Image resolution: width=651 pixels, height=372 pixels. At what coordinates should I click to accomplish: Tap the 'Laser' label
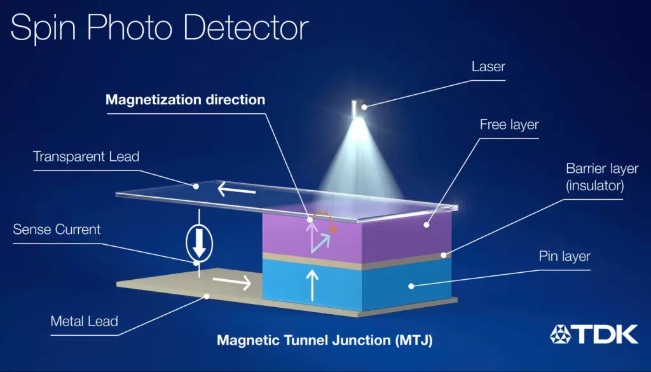(488, 66)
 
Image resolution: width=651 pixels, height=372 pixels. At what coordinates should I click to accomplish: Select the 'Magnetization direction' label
(185, 100)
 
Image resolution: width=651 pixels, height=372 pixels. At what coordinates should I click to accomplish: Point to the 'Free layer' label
(509, 125)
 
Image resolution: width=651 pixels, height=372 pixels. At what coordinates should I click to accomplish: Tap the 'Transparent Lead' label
(86, 156)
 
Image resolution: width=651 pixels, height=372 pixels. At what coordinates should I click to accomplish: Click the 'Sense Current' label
(57, 229)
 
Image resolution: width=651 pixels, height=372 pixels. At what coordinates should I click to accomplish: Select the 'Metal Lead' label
(85, 321)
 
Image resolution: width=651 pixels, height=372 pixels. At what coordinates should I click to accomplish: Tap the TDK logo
(594, 333)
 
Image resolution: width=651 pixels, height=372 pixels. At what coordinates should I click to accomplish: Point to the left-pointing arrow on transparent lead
(238, 189)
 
